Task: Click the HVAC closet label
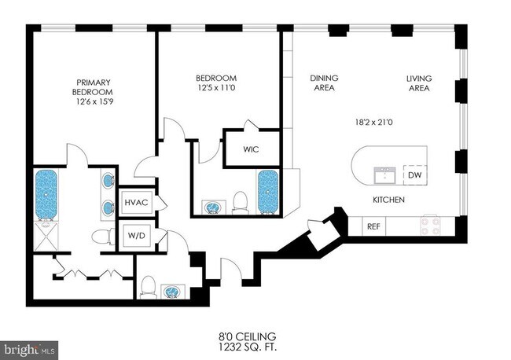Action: (x=136, y=202)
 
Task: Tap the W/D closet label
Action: (x=137, y=235)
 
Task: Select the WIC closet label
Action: (x=251, y=149)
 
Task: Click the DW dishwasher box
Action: (x=415, y=175)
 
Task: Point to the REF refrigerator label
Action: (x=373, y=226)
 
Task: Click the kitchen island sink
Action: (x=385, y=175)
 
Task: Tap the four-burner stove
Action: (x=431, y=226)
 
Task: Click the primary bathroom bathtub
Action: (x=46, y=194)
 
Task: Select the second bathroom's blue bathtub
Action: (x=268, y=192)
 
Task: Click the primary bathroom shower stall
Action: (x=46, y=236)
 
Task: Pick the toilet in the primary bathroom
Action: (x=103, y=236)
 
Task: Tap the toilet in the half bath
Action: (x=148, y=287)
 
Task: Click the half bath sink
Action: (x=174, y=291)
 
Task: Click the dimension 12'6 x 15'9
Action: (x=95, y=101)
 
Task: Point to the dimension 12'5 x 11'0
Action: (x=216, y=87)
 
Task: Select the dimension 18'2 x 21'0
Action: (x=373, y=123)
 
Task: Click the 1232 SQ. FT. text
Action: (x=248, y=347)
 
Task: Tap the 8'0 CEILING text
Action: (x=248, y=336)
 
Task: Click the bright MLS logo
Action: (x=29, y=351)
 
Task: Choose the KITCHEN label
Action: (x=389, y=200)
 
